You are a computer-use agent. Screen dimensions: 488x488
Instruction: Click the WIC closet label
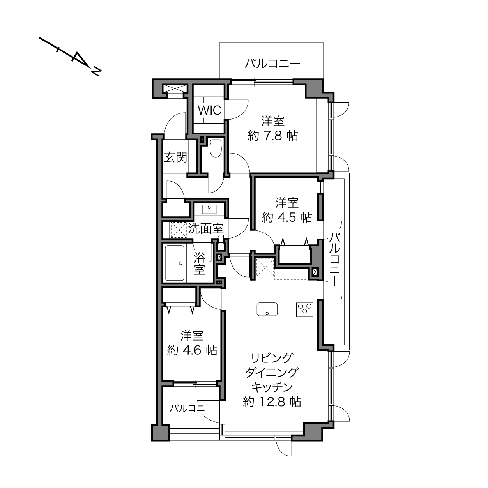210,110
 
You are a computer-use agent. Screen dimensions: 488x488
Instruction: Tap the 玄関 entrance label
175,157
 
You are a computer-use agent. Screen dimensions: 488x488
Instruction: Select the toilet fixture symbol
216,148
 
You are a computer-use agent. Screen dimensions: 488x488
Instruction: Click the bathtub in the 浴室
175,263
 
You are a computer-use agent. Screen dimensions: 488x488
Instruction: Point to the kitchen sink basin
267,309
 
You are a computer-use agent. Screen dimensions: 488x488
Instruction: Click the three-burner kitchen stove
305,309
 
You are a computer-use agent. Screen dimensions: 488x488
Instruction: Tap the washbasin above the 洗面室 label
209,209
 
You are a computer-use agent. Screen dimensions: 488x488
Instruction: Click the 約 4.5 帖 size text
287,217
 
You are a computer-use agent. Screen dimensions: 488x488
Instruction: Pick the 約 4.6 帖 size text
192,350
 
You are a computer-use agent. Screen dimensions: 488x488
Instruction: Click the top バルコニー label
272,63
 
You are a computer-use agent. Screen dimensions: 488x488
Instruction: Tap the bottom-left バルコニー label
191,408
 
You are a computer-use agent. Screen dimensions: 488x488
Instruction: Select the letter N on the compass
96,72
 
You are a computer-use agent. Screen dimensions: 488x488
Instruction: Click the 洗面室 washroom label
205,229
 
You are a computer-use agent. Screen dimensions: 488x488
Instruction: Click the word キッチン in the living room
272,387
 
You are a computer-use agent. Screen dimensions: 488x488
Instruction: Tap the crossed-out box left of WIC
175,88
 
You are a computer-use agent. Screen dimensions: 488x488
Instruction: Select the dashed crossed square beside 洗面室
178,230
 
